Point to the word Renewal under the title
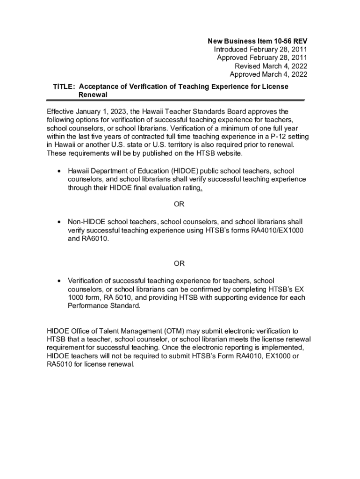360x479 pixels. coord(94,94)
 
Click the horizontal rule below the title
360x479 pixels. coord(175,101)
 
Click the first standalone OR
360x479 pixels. coord(179,204)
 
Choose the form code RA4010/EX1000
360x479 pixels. coord(276,230)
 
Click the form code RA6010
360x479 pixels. coord(95,239)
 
